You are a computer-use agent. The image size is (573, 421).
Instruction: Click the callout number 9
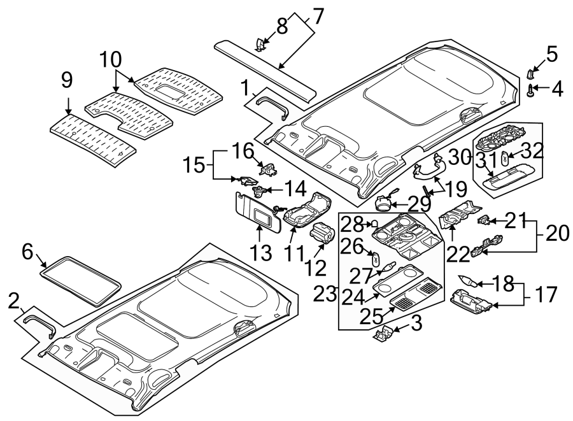pyautogui.click(x=67, y=81)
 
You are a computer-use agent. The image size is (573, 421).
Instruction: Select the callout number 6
pyautogui.click(x=27, y=252)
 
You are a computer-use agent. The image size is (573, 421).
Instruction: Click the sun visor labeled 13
pyautogui.click(x=255, y=211)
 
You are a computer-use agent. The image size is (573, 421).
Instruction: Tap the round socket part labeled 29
pyautogui.click(x=385, y=203)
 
